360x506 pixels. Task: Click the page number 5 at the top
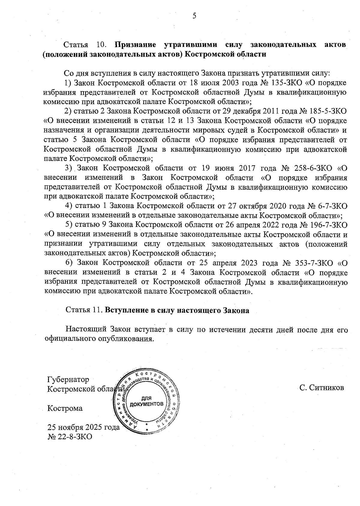194,16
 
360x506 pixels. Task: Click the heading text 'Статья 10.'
85,45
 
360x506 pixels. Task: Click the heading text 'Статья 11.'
84,310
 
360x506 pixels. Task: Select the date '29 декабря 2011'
247,111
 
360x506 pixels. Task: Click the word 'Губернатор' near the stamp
68,380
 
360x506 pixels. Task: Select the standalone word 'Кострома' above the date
65,408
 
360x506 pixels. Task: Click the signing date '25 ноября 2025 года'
83,427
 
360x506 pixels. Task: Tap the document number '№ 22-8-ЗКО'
70,436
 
